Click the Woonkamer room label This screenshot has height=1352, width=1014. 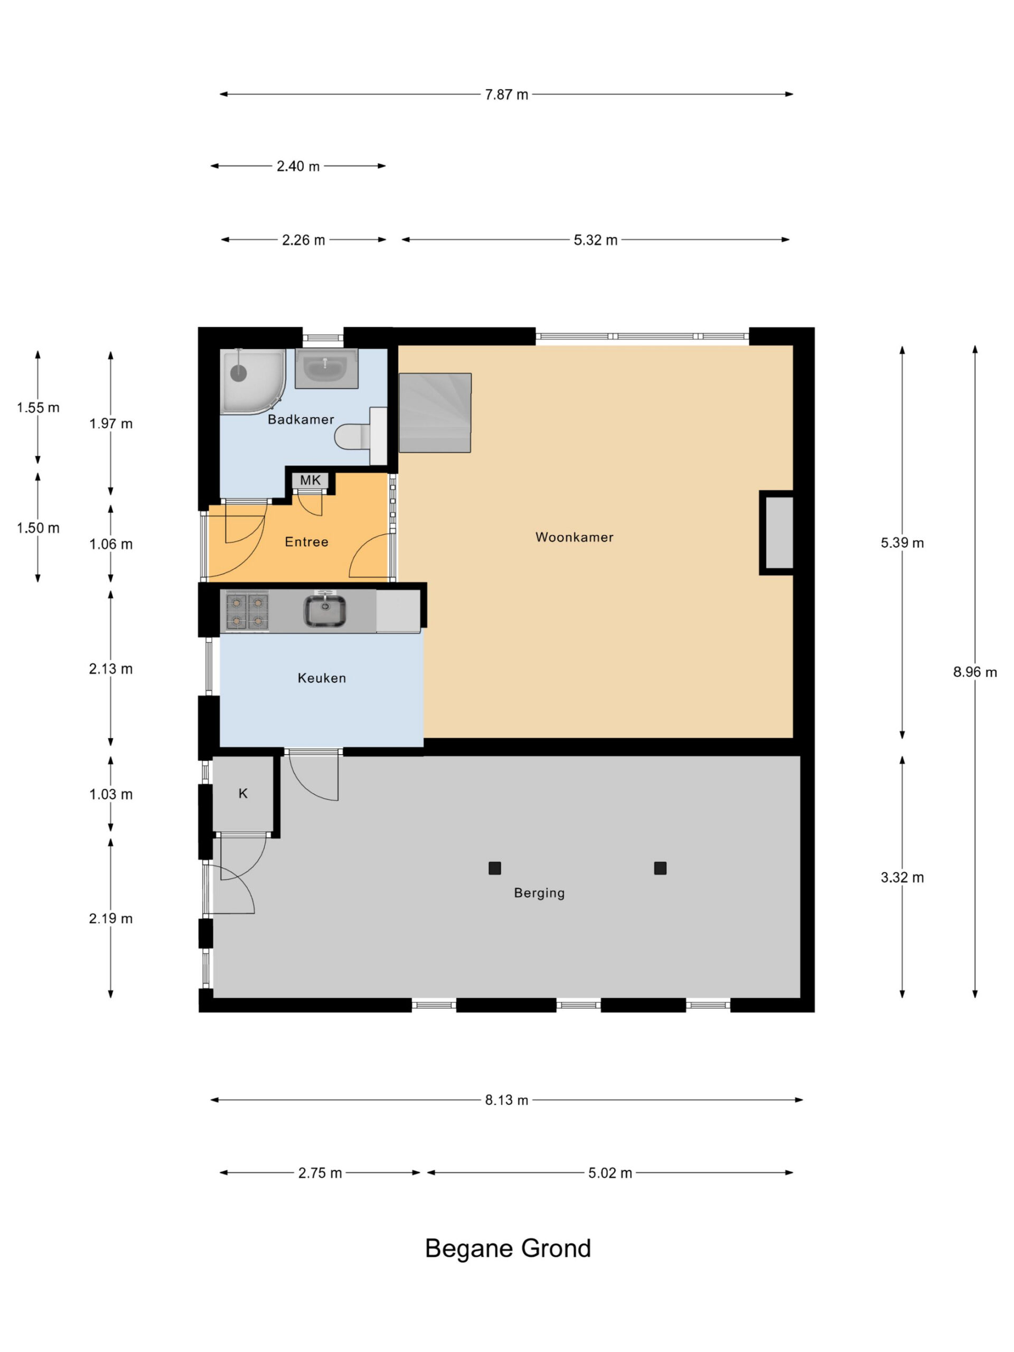pos(574,537)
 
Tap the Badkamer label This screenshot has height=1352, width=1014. pos(301,419)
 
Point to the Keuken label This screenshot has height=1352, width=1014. pos(322,678)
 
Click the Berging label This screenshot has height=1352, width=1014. pos(539,893)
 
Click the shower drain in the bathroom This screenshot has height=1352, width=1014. pos(238,373)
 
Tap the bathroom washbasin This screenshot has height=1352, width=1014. pos(326,369)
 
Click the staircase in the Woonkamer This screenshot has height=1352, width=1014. pos(435,412)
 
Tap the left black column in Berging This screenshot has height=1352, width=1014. pos(494,868)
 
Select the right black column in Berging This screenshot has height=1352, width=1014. pos(660,868)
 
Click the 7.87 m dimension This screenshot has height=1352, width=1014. pos(506,95)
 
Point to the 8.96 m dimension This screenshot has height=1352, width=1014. pos(975,672)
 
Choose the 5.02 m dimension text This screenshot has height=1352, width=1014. pos(610,1173)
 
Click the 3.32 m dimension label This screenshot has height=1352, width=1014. pos(902,878)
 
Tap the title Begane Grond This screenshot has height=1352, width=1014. pos(508,1248)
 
